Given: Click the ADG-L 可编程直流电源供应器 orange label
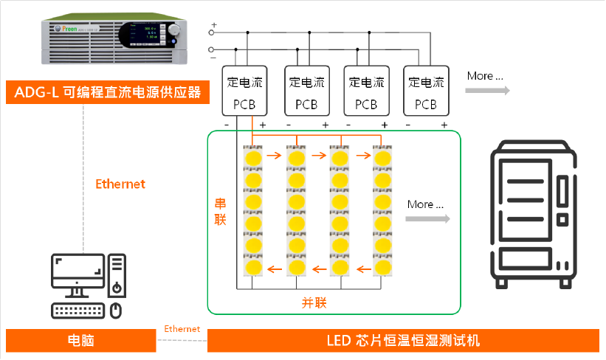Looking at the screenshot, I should (x=103, y=93).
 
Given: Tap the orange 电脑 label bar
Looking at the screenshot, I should (x=80, y=341).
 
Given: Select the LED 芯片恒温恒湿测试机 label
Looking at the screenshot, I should (x=402, y=341).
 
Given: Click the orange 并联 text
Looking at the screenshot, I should (x=314, y=302).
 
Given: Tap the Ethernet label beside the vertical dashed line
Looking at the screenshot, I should (x=120, y=184).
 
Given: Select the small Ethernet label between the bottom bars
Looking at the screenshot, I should (x=182, y=328).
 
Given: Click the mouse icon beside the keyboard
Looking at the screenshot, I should (x=115, y=310).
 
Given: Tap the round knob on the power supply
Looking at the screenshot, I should (x=174, y=30).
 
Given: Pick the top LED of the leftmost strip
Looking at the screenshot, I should (x=253, y=158).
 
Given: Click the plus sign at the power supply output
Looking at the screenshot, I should (x=214, y=25).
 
